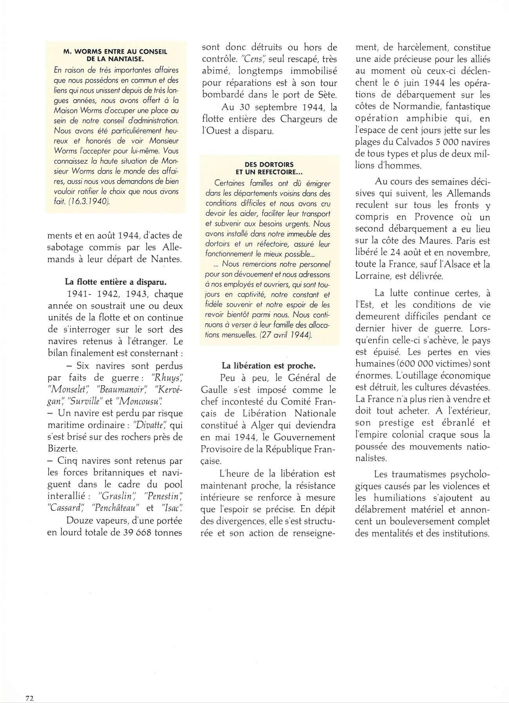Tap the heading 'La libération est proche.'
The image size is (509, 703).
(x=268, y=365)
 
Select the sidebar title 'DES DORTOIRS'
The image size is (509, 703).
(x=269, y=164)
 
